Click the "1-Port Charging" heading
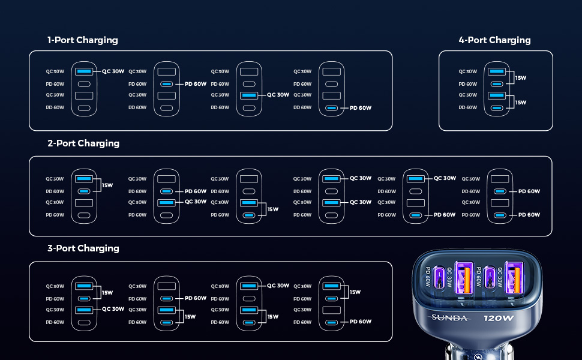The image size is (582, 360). tap(83, 40)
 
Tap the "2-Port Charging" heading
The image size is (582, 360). tap(83, 143)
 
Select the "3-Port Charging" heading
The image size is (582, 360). tap(83, 248)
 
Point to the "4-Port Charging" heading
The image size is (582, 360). tap(495, 40)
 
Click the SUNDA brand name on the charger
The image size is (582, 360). tap(449, 317)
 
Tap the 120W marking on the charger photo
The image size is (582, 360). tap(499, 318)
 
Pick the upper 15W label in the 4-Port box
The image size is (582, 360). tap(520, 78)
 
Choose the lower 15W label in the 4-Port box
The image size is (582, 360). tap(520, 103)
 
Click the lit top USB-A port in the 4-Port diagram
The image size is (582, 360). tap(497, 71)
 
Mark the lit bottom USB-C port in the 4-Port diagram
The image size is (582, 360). tap(497, 109)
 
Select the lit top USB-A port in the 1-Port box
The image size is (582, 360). tap(84, 71)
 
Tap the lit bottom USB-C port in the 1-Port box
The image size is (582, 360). tap(331, 109)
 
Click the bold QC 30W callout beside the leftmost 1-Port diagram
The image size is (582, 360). tap(113, 71)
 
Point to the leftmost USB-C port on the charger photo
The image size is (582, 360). tap(440, 277)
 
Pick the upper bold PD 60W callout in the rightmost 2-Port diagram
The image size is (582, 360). tap(529, 191)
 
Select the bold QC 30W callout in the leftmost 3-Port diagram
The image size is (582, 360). tap(113, 309)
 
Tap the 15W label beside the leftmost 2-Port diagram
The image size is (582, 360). tap(107, 185)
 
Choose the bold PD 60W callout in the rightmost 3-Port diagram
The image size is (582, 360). tap(361, 322)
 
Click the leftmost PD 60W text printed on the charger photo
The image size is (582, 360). tap(428, 277)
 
